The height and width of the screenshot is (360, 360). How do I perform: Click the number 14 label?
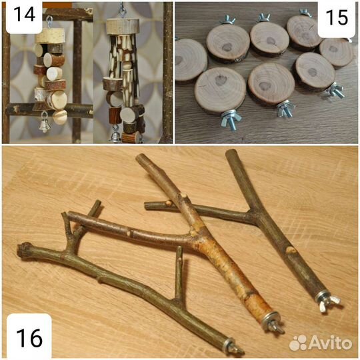click(25, 15)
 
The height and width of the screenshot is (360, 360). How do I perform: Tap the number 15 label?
click(337, 17)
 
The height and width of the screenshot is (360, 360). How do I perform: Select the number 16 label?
click(29, 338)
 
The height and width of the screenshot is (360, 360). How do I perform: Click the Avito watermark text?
click(330, 343)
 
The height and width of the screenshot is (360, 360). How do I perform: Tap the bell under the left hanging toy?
click(44, 125)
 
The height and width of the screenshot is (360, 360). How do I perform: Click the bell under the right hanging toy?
click(115, 136)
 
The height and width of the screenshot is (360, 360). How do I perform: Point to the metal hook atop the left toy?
click(49, 22)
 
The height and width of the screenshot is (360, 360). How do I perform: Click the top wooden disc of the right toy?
click(123, 27)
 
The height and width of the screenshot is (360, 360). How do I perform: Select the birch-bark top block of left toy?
click(50, 36)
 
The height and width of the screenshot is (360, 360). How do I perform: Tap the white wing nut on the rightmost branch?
click(328, 303)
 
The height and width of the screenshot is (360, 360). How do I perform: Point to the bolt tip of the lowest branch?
click(238, 350)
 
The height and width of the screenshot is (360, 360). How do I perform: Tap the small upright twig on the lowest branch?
click(179, 273)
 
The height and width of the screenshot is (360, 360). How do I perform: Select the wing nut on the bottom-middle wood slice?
click(285, 109)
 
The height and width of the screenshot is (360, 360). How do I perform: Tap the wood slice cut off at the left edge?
click(191, 60)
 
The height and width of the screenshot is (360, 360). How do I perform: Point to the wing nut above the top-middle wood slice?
click(264, 18)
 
